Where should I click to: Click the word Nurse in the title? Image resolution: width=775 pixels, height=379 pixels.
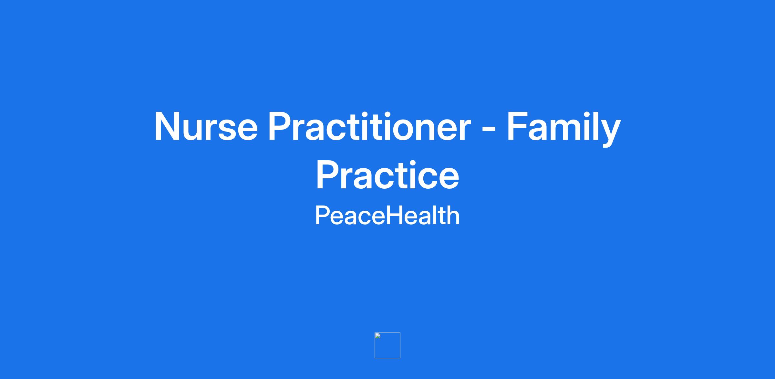point(206,126)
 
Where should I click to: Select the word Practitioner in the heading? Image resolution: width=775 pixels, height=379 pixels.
point(369,126)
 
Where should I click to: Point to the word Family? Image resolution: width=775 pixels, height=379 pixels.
point(564,128)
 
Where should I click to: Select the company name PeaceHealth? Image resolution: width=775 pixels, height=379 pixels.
point(387,216)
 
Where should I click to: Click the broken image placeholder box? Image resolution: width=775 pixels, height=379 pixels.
point(387,345)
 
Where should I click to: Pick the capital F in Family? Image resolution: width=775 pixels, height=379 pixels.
point(518,126)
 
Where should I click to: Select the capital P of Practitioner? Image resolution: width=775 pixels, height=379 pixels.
point(281,126)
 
